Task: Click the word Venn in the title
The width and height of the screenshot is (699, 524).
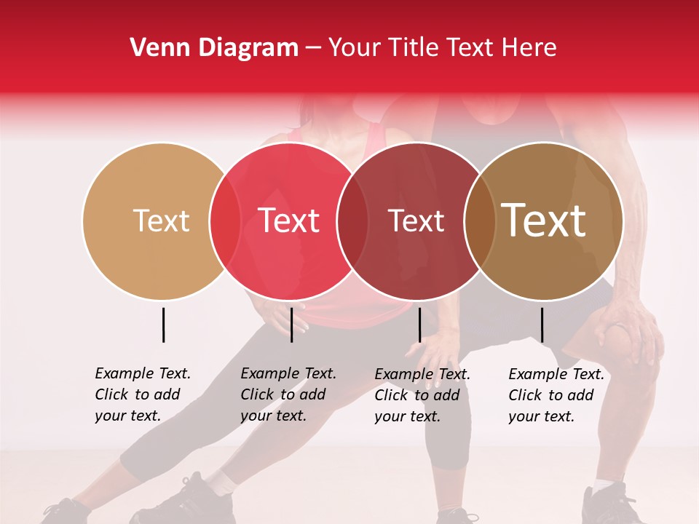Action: coord(154,48)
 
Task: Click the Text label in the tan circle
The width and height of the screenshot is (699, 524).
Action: coord(161,221)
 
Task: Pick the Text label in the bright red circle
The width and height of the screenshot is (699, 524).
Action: coord(289,221)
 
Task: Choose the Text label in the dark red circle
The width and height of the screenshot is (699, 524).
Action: coord(416,221)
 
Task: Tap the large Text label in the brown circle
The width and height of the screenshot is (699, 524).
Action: coord(543,221)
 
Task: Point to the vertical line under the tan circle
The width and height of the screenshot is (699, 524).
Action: coord(163,325)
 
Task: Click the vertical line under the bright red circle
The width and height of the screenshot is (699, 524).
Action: coord(291,325)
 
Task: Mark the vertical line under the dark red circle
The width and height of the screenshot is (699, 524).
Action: coord(419,325)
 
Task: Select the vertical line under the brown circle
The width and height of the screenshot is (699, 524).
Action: coord(542,325)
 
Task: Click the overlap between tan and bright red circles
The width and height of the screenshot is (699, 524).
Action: coord(225,221)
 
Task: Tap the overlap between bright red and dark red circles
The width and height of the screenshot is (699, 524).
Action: coord(352,221)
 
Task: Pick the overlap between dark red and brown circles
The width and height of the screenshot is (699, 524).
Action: coord(478,221)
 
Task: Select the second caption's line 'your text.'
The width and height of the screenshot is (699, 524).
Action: coord(273,416)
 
